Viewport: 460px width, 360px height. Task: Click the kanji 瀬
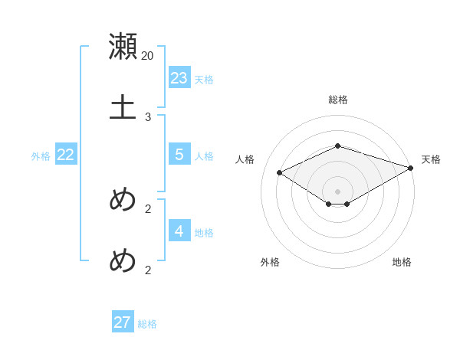123,46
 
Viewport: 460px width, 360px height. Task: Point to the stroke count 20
148,56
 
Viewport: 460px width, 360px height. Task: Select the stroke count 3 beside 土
148,117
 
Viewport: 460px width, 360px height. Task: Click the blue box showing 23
179,77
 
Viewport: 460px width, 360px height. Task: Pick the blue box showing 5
179,154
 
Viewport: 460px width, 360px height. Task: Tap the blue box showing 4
179,231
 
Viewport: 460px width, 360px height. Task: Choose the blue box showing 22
66,154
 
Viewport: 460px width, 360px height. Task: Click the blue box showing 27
123,322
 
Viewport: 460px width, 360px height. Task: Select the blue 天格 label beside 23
204,80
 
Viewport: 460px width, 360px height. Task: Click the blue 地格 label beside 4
204,233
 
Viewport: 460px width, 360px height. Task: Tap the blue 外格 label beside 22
41,156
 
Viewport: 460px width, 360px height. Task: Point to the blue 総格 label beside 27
147,325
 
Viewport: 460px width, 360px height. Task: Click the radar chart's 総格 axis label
338,100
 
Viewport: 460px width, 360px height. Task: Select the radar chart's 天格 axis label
431,159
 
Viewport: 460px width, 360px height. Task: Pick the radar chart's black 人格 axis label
245,159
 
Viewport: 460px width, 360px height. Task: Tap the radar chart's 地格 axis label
402,262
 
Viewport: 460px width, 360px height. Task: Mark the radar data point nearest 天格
411,168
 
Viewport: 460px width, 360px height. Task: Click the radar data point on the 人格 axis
280,173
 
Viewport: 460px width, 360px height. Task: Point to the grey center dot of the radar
338,191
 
